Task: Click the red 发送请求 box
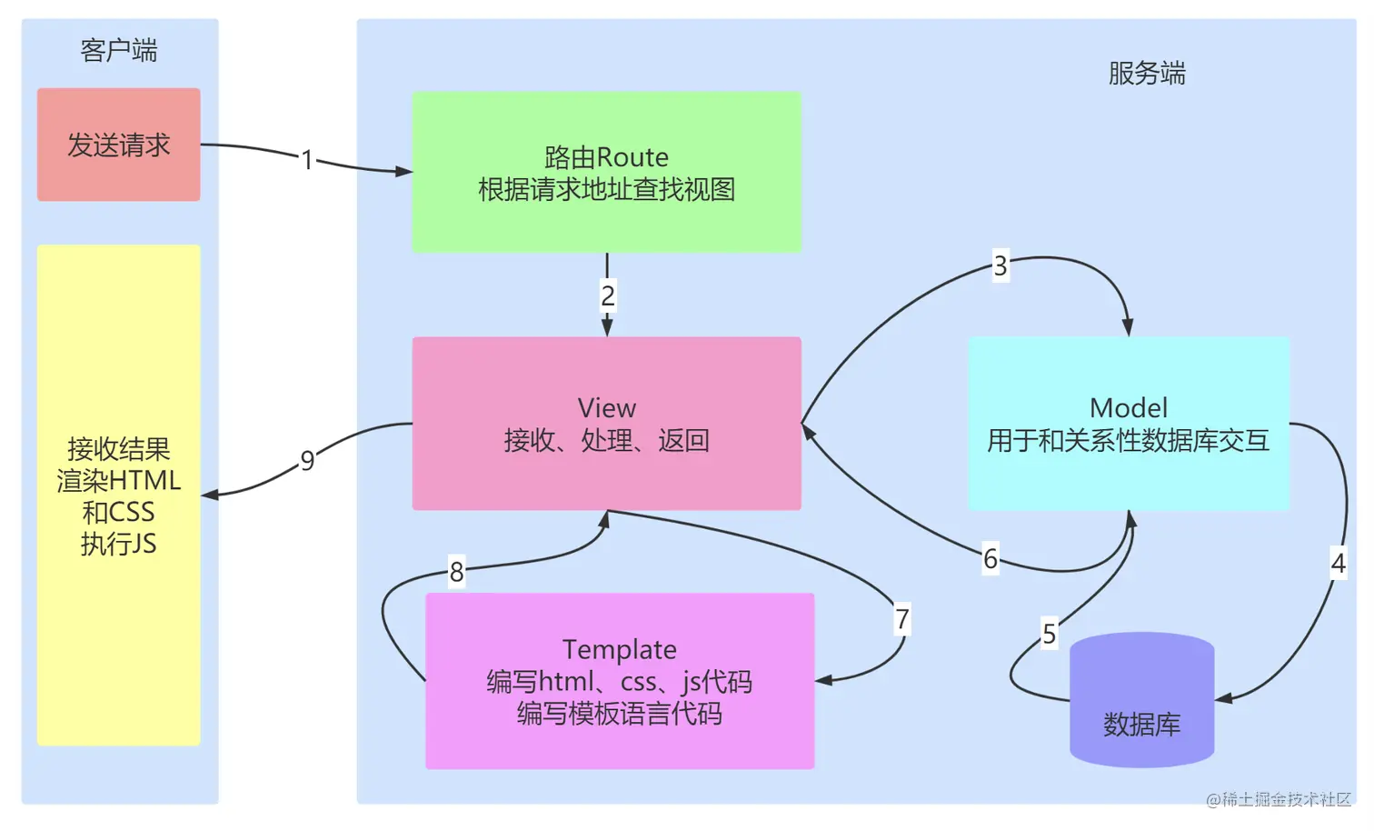click(x=118, y=145)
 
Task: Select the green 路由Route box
click(x=607, y=172)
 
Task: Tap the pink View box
click(x=607, y=424)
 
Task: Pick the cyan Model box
click(x=1129, y=424)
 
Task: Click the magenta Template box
click(x=620, y=681)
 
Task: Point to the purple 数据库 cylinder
click(x=1142, y=700)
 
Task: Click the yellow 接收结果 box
click(x=118, y=496)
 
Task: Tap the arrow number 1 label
click(x=307, y=160)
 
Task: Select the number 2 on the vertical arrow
click(x=607, y=295)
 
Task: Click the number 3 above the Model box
click(x=1001, y=265)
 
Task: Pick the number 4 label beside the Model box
click(x=1339, y=563)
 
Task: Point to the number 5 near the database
click(x=1050, y=634)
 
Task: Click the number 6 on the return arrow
click(x=991, y=558)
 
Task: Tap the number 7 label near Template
click(x=901, y=618)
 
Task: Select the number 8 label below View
click(x=456, y=572)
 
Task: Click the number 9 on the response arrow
click(x=307, y=460)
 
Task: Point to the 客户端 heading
click(x=119, y=50)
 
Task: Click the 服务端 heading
click(x=1147, y=73)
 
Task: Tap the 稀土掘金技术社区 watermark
click(x=1279, y=799)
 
